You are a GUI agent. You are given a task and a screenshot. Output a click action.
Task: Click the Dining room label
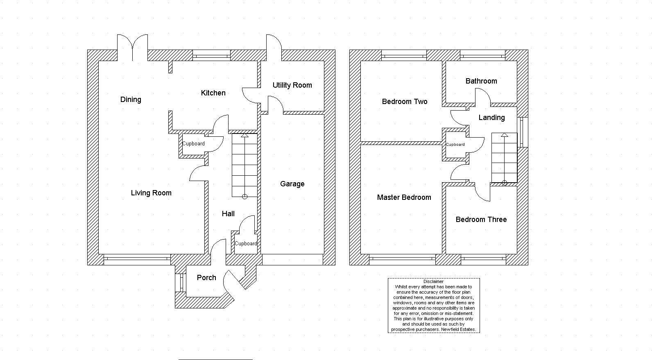tap(131, 100)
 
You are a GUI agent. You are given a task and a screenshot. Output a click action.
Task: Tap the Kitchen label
tap(213, 93)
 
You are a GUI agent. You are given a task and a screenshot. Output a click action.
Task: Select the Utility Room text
tap(292, 85)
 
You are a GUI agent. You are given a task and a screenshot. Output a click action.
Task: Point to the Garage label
tap(292, 184)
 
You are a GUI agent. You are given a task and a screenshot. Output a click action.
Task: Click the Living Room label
tap(151, 193)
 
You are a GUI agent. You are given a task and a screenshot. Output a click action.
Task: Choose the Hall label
tap(228, 214)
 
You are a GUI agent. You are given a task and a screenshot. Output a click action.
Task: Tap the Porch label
tap(206, 278)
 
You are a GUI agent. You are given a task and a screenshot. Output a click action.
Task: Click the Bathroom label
tap(481, 81)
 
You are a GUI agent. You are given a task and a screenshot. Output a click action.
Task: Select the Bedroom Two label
tap(405, 102)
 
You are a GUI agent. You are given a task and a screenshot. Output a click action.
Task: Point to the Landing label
tap(491, 118)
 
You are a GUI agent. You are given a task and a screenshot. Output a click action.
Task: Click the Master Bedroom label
tap(404, 197)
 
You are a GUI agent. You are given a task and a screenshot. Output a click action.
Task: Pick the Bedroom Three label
tap(481, 220)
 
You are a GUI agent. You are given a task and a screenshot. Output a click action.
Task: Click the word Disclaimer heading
tap(433, 282)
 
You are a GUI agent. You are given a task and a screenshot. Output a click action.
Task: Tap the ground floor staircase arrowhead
tap(245, 135)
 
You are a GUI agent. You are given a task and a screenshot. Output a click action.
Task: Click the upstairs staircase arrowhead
tap(505, 135)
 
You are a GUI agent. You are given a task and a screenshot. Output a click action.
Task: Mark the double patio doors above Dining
tap(132, 48)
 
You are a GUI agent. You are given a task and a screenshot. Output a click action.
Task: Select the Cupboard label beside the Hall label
tap(246, 244)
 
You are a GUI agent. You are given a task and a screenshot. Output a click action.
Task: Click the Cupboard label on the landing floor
tap(455, 144)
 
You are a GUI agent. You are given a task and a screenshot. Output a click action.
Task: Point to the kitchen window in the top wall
tap(212, 55)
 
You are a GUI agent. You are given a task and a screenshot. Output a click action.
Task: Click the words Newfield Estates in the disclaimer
tap(458, 329)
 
